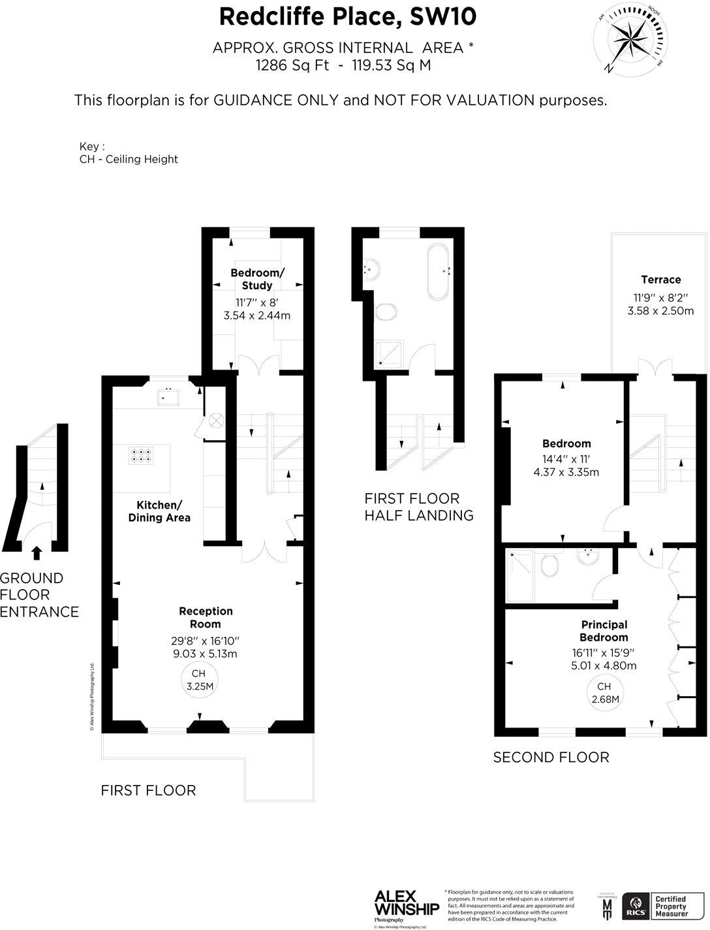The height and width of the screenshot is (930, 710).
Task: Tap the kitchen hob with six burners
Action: (x=142, y=455)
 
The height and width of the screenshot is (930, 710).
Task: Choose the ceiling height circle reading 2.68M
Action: (x=604, y=692)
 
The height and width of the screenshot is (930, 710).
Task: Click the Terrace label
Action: (x=660, y=280)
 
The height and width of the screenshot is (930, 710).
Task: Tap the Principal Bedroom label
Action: (x=604, y=631)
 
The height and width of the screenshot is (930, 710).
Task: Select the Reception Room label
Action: (x=206, y=617)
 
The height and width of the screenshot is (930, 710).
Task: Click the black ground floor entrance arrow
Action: (x=37, y=553)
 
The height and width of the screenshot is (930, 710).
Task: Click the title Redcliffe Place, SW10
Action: (x=347, y=16)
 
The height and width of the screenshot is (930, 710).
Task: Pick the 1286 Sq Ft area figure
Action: (x=292, y=65)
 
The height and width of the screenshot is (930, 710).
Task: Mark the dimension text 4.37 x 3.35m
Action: (x=566, y=472)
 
